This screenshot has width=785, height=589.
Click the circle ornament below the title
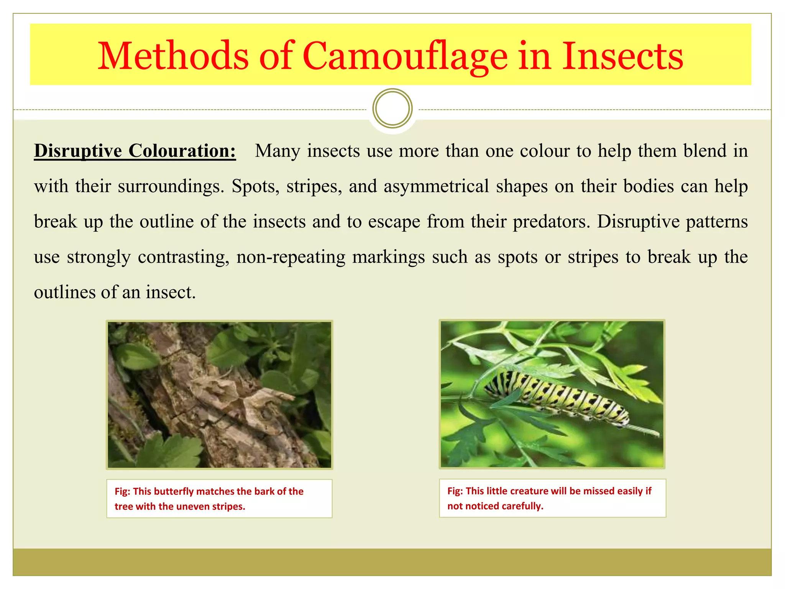click(392, 109)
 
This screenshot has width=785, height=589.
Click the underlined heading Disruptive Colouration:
click(135, 151)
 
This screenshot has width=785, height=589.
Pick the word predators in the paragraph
click(550, 222)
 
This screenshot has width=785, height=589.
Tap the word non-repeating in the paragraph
click(291, 257)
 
